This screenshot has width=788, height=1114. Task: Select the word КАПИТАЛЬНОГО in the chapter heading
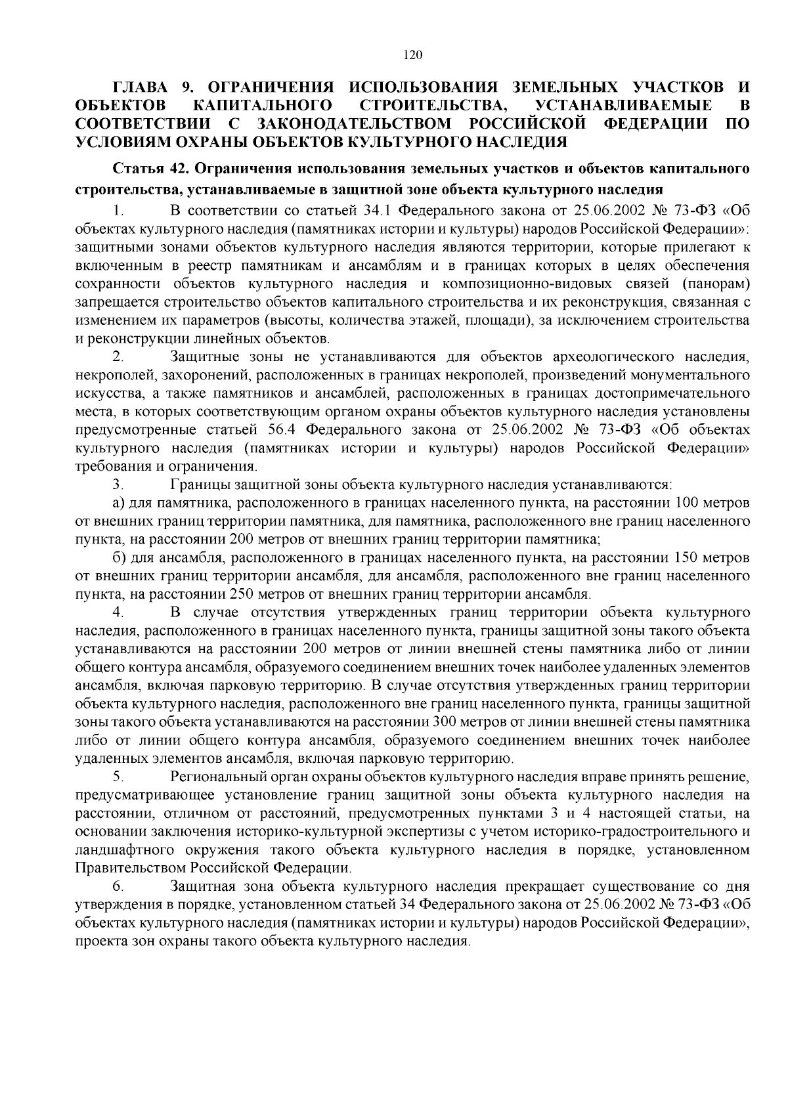[262, 106]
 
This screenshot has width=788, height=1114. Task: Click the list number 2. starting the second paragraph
[118, 357]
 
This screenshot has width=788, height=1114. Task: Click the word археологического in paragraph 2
[612, 357]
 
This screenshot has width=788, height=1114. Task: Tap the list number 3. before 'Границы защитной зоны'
[118, 485]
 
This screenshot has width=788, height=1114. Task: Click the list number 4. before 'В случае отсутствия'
[118, 613]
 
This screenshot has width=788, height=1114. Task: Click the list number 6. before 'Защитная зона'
[118, 887]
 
